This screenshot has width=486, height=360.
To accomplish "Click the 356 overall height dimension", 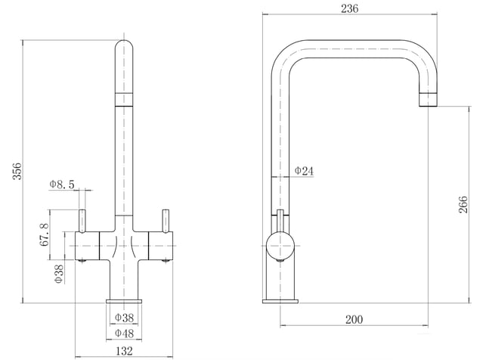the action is click(17, 171).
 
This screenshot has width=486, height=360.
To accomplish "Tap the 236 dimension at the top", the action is click(350, 8).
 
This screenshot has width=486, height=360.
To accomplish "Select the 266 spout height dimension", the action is click(463, 204).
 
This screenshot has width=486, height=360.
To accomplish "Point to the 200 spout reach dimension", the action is click(354, 319).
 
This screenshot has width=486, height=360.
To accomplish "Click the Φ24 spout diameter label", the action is click(304, 171).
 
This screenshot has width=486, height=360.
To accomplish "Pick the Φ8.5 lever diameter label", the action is click(62, 185).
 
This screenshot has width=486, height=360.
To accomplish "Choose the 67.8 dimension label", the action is click(45, 234).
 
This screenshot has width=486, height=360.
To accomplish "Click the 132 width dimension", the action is click(124, 351).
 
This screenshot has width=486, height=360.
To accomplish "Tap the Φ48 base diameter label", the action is click(124, 334).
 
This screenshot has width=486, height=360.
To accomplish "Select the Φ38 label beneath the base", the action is click(124, 318).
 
